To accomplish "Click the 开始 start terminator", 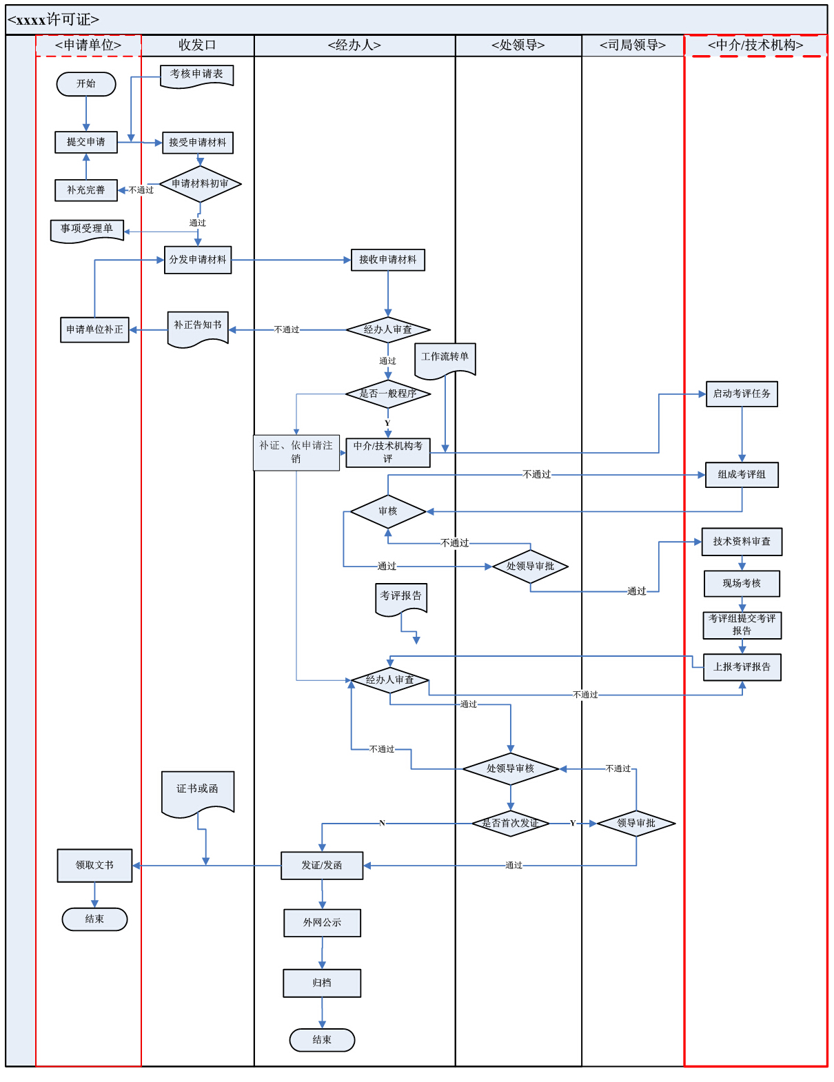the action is [x=86, y=83].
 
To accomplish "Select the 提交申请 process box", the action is [x=86, y=142].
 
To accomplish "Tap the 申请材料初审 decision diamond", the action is [x=200, y=184].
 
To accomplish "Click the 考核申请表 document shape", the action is [x=196, y=76].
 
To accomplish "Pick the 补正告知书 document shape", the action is [x=199, y=329].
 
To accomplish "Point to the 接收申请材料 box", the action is [x=388, y=259].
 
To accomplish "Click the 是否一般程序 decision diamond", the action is [x=388, y=394].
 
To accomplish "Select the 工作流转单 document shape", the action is [x=445, y=360].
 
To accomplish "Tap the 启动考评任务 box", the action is [x=742, y=394].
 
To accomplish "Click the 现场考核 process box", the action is [x=742, y=583].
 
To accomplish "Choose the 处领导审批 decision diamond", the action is [x=530, y=566].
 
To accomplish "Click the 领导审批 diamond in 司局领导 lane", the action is [x=635, y=823].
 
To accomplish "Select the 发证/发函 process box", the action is [x=322, y=866].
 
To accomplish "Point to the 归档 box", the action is [x=322, y=983].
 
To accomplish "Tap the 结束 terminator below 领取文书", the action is [x=94, y=919].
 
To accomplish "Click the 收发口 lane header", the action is [x=198, y=45].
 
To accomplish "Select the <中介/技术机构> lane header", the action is [x=755, y=45].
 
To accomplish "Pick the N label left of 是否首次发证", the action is [x=382, y=823].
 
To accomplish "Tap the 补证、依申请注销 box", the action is [x=296, y=452].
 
